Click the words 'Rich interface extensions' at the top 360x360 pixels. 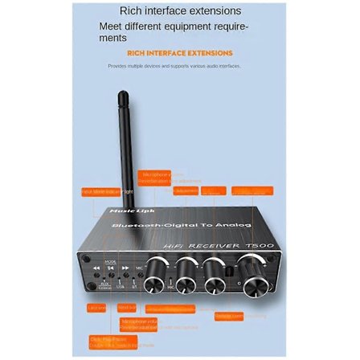click(180, 11)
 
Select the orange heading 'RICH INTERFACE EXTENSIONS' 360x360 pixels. click(180, 52)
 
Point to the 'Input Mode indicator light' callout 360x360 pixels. click(100, 191)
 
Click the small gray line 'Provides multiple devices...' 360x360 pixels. click(174, 66)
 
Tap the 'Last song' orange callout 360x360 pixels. click(96, 308)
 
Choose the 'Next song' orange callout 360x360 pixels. click(126, 308)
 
